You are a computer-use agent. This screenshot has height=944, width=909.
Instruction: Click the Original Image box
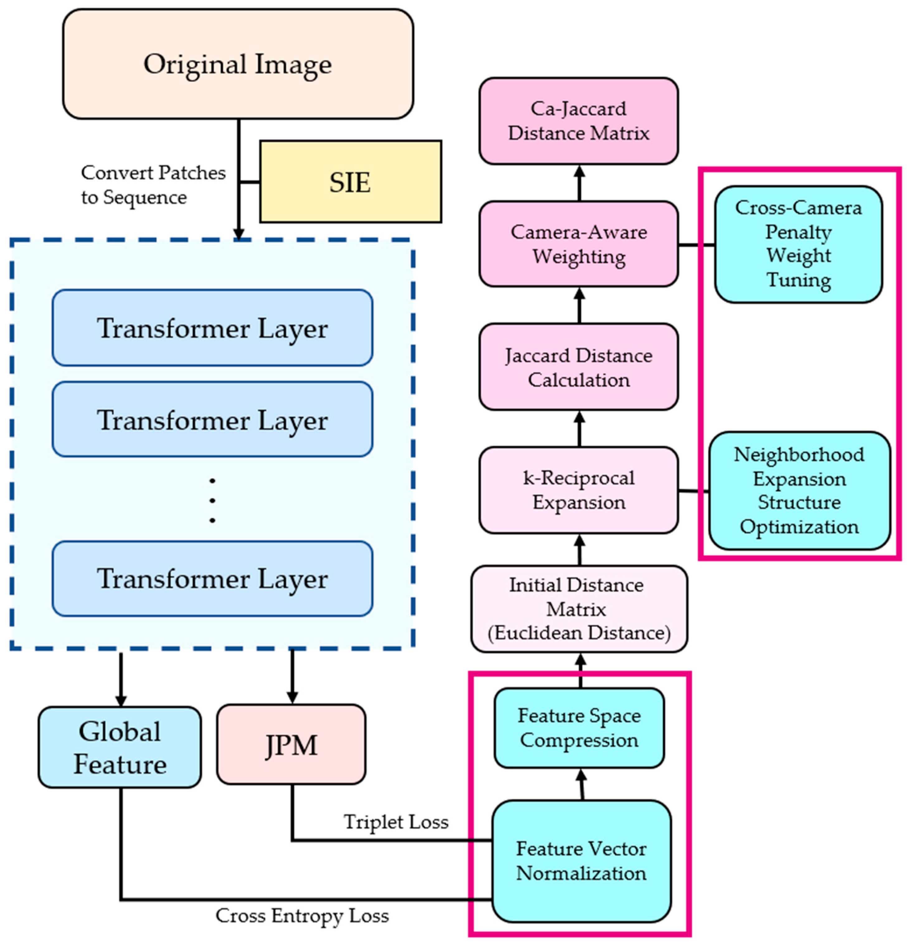238,64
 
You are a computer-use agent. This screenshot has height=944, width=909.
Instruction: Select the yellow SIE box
350,181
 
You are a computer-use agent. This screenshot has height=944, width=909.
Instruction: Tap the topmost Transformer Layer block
212,328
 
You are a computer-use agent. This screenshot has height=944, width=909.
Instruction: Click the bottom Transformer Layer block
212,578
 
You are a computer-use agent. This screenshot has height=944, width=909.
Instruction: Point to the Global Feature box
120,747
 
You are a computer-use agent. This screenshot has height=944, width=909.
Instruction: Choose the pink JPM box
291,744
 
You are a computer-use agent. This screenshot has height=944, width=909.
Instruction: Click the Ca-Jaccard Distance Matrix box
578,121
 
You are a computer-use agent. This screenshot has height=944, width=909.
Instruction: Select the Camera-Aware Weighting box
578,244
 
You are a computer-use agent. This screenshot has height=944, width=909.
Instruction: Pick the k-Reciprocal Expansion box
578,490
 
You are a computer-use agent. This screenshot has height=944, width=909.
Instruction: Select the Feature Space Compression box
578,728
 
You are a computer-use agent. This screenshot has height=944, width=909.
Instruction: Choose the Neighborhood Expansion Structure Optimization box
799,490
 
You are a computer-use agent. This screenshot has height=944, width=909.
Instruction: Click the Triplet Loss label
395,822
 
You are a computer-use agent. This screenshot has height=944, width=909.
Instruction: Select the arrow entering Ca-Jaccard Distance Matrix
580,183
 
